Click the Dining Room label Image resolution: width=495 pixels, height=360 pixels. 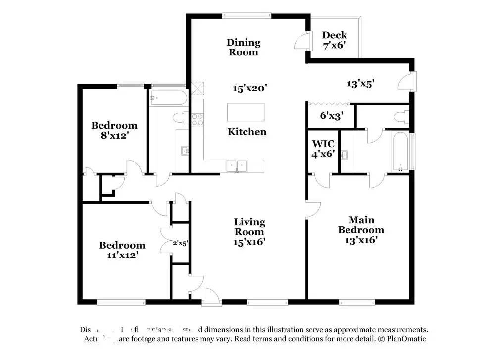pyautogui.click(x=243, y=47)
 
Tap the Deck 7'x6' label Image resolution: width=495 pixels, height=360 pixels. pyautogui.click(x=335, y=40)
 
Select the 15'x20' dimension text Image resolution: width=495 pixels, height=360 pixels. pyautogui.click(x=250, y=88)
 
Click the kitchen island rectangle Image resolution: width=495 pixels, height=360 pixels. pyautogui.click(x=246, y=112)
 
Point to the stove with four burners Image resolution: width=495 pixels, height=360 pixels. pyautogui.click(x=198, y=119)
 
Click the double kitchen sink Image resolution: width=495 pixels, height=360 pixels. pyautogui.click(x=237, y=166)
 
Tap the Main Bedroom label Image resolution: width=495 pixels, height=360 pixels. pyautogui.click(x=361, y=230)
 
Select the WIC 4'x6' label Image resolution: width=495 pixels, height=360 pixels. pyautogui.click(x=323, y=149)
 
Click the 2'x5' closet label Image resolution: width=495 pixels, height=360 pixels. pyautogui.click(x=180, y=243)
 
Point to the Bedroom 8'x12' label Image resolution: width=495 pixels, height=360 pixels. pyautogui.click(x=114, y=130)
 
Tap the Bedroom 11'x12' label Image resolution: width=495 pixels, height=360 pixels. pyautogui.click(x=122, y=250)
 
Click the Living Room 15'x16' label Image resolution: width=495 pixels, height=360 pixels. pyautogui.click(x=249, y=232)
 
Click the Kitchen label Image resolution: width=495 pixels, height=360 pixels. pyautogui.click(x=247, y=132)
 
